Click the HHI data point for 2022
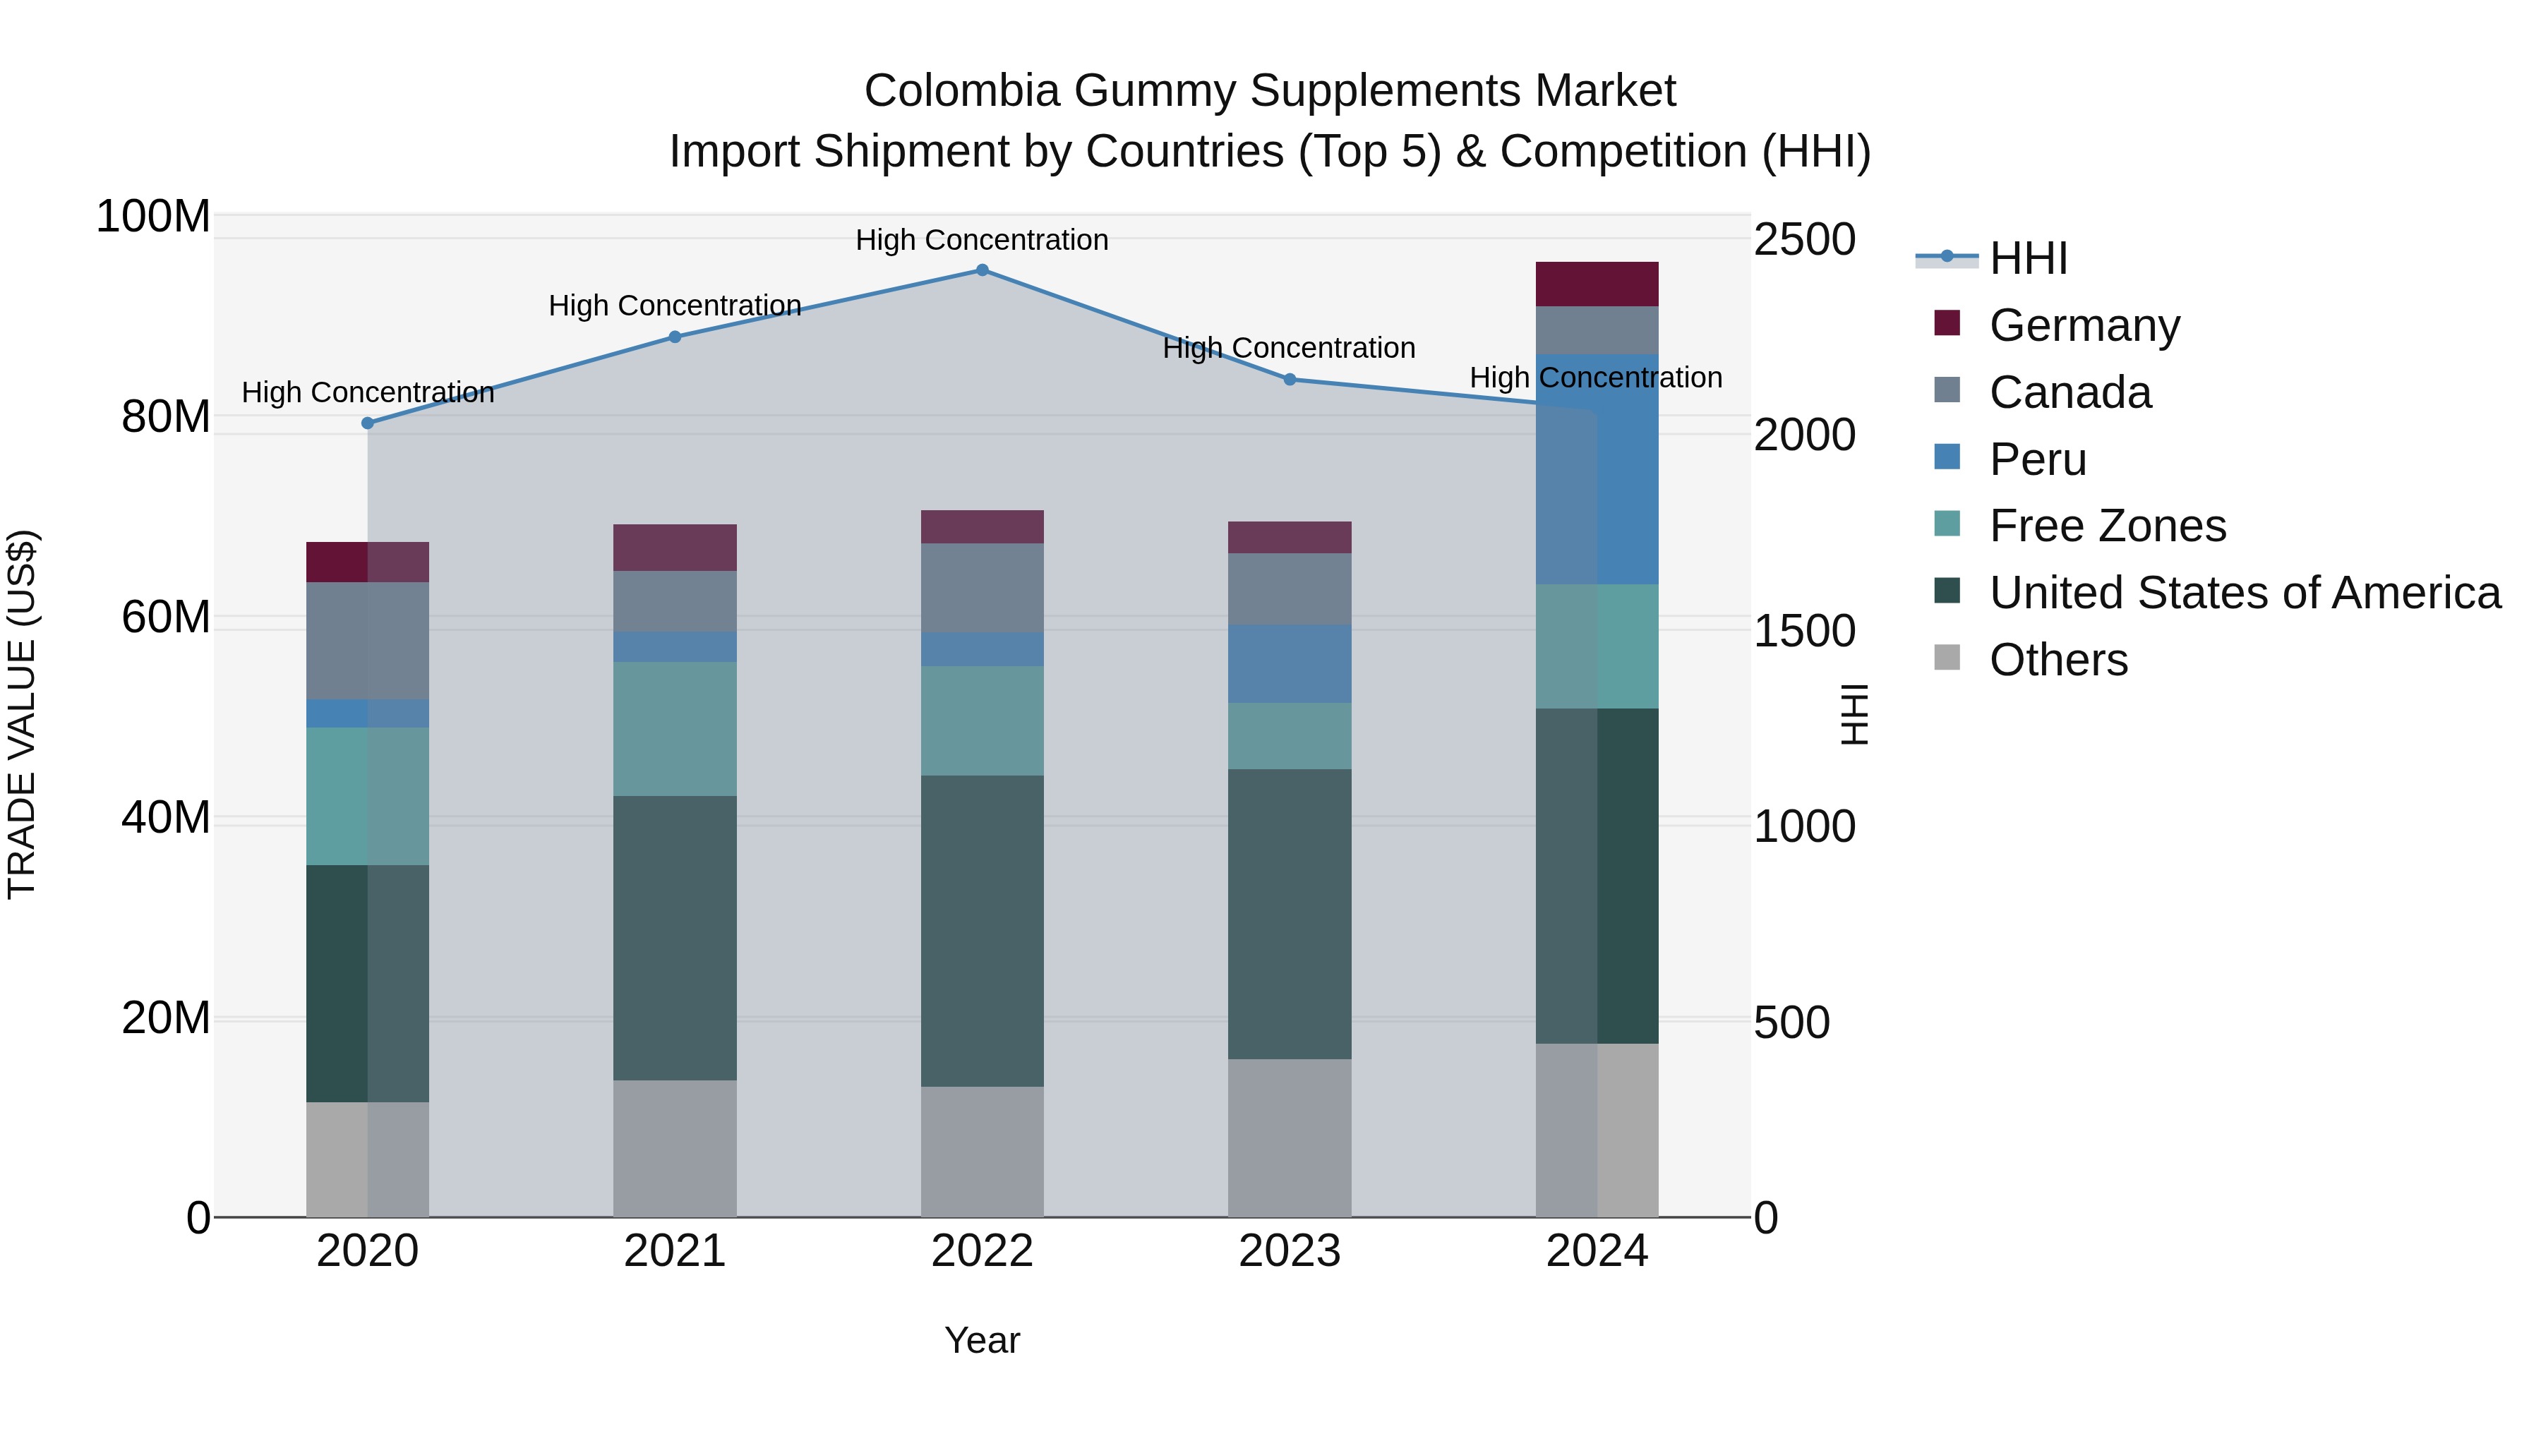tap(982, 270)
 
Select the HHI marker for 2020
tap(368, 423)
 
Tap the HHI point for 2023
tap(1290, 380)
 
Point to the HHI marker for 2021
tap(675, 337)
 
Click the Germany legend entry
tap(2084, 325)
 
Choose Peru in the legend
tap(2038, 459)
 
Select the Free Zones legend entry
tap(2107, 526)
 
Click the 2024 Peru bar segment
tap(1597, 469)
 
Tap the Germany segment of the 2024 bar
tap(1597, 284)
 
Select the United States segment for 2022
tap(982, 930)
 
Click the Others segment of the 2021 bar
tap(675, 1148)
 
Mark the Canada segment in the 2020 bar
tap(368, 640)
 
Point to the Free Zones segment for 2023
tap(1290, 736)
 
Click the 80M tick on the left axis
tap(166, 417)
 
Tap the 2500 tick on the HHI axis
tap(1804, 240)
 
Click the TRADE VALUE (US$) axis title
tap(23, 714)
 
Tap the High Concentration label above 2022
tap(982, 240)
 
